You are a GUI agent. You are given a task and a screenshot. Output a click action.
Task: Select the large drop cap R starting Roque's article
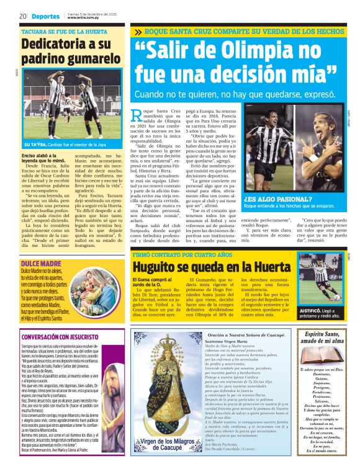click(138, 116)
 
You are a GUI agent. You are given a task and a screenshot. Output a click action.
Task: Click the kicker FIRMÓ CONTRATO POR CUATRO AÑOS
click(178, 254)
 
